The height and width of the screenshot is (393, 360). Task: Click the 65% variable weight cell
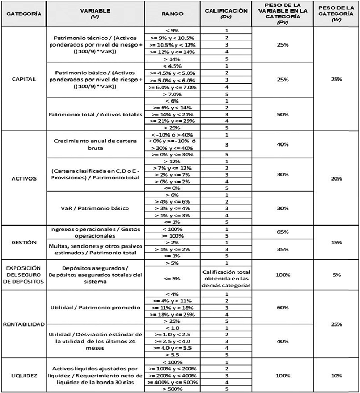click(283, 232)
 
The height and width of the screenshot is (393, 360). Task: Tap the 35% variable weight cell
click(283, 249)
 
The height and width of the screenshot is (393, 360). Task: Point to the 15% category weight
click(336, 242)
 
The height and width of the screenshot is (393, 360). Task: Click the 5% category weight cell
click(336, 274)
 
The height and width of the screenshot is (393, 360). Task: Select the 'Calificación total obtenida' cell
click(226, 278)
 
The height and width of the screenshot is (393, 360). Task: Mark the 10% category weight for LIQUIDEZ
click(336, 375)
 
